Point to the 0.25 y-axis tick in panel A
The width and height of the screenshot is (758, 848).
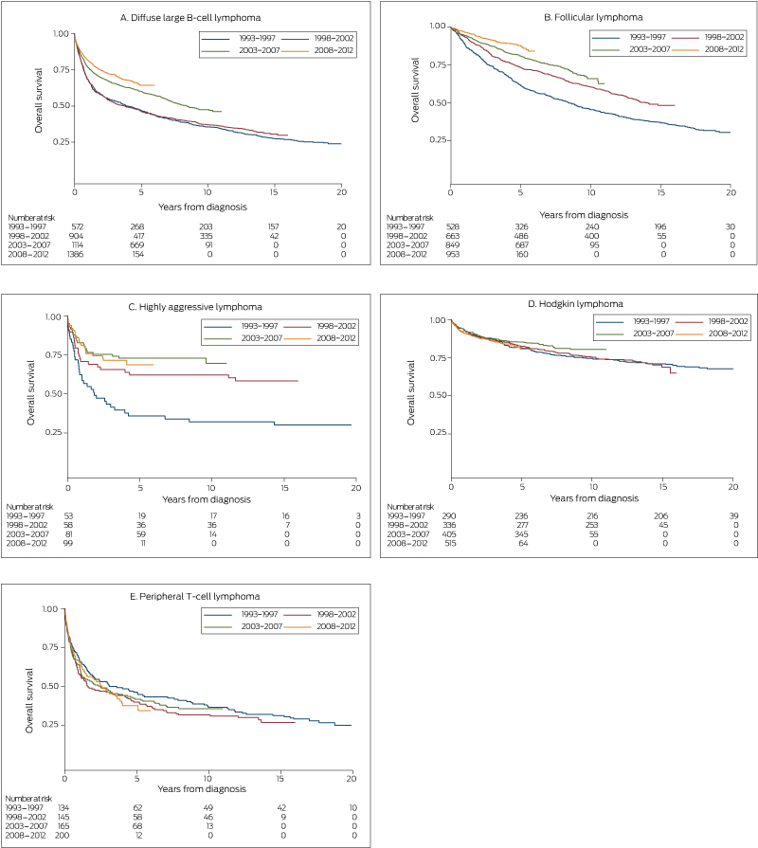pos(59,142)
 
